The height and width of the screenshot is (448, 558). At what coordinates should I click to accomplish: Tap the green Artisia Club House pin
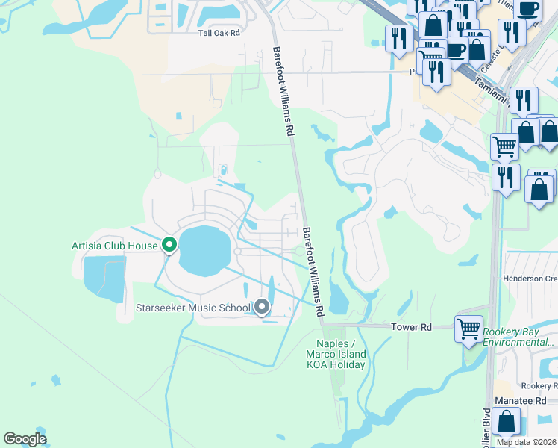tap(169, 244)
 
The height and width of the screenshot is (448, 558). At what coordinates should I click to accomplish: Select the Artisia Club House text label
tap(115, 246)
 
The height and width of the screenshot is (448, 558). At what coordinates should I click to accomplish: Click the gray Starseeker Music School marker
tap(262, 306)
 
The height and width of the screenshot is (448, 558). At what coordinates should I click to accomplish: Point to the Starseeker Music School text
tap(193, 308)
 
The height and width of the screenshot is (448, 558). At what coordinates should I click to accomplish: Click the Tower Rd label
tap(412, 327)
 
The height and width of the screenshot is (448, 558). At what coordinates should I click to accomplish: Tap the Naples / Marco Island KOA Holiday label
tap(336, 354)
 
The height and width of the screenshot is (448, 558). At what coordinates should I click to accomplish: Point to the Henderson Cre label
tap(530, 279)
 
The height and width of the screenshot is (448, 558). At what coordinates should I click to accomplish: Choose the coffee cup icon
tap(528, 8)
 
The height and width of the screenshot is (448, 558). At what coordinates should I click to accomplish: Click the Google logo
tap(25, 439)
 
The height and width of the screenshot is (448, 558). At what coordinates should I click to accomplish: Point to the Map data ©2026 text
tap(526, 442)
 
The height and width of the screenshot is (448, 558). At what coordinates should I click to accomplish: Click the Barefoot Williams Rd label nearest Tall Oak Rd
tap(282, 90)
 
